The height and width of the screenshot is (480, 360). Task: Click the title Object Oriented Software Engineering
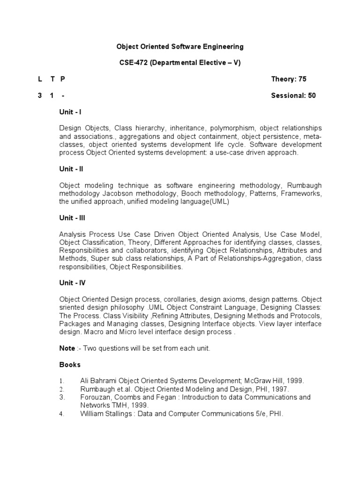(180, 46)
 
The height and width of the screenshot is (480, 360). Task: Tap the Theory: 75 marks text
(289, 79)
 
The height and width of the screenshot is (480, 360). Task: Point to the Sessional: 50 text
(293, 96)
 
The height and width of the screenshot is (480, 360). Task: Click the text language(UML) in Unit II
(205, 201)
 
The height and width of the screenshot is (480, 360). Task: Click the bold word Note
(67, 348)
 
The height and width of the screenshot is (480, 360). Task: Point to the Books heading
(70, 364)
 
